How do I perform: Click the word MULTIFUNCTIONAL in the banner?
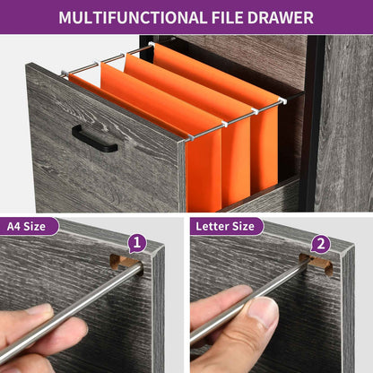pos(133,17)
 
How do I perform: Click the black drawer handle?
pos(94,139)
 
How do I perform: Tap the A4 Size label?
pos(26,226)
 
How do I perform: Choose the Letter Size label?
pos(225,226)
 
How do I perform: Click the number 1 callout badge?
pos(137,243)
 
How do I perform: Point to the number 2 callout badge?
pos(321,244)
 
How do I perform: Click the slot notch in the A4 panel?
pos(124,261)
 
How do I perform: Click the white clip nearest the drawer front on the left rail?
pos(65,73)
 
